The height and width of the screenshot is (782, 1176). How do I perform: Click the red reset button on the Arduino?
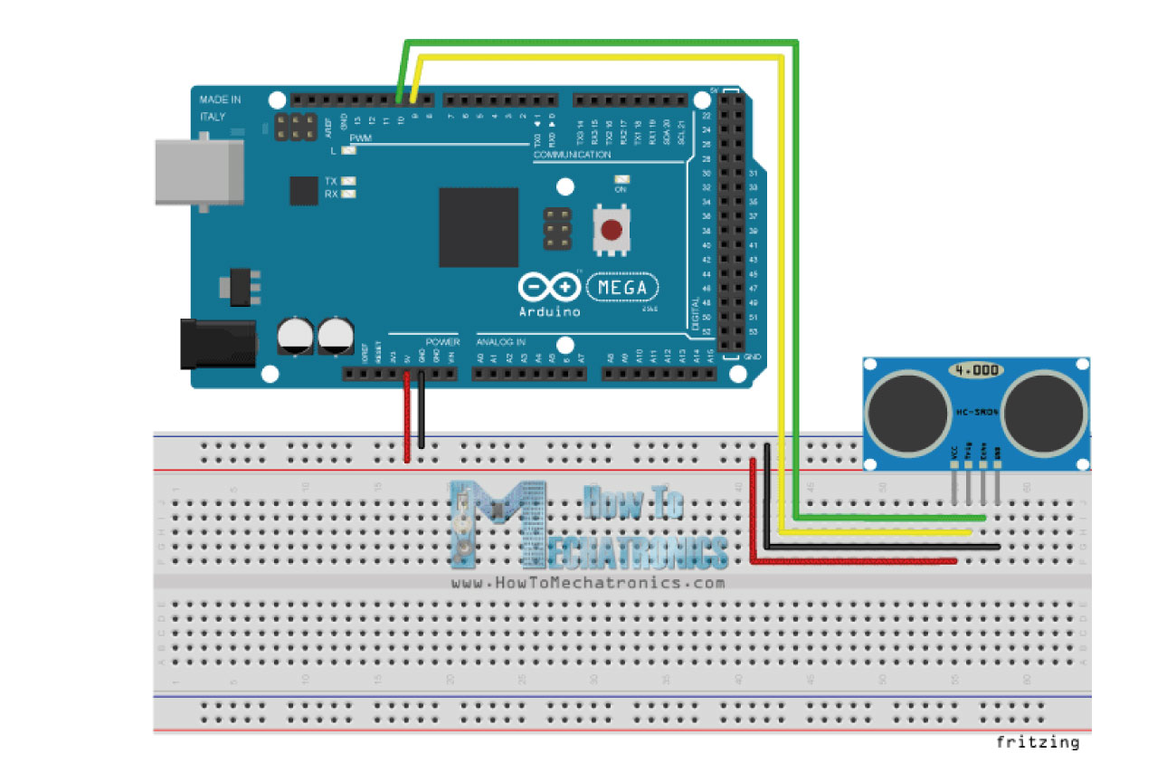(x=612, y=231)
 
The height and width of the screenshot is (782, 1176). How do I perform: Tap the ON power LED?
(x=621, y=179)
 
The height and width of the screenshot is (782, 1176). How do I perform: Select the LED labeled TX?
(x=347, y=181)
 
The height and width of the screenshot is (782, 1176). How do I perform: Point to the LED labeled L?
(x=347, y=150)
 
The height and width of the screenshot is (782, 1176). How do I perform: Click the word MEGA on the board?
(x=623, y=288)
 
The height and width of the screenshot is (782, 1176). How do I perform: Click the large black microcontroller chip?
(x=479, y=227)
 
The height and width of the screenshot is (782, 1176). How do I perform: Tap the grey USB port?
(x=199, y=171)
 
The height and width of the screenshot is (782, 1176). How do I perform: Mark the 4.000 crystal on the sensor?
(x=975, y=370)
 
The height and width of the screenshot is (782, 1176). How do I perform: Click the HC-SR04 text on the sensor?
(x=976, y=413)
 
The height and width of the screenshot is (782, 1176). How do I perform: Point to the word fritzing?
(x=1038, y=743)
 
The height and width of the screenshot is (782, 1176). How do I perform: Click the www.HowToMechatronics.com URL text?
(x=588, y=583)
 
